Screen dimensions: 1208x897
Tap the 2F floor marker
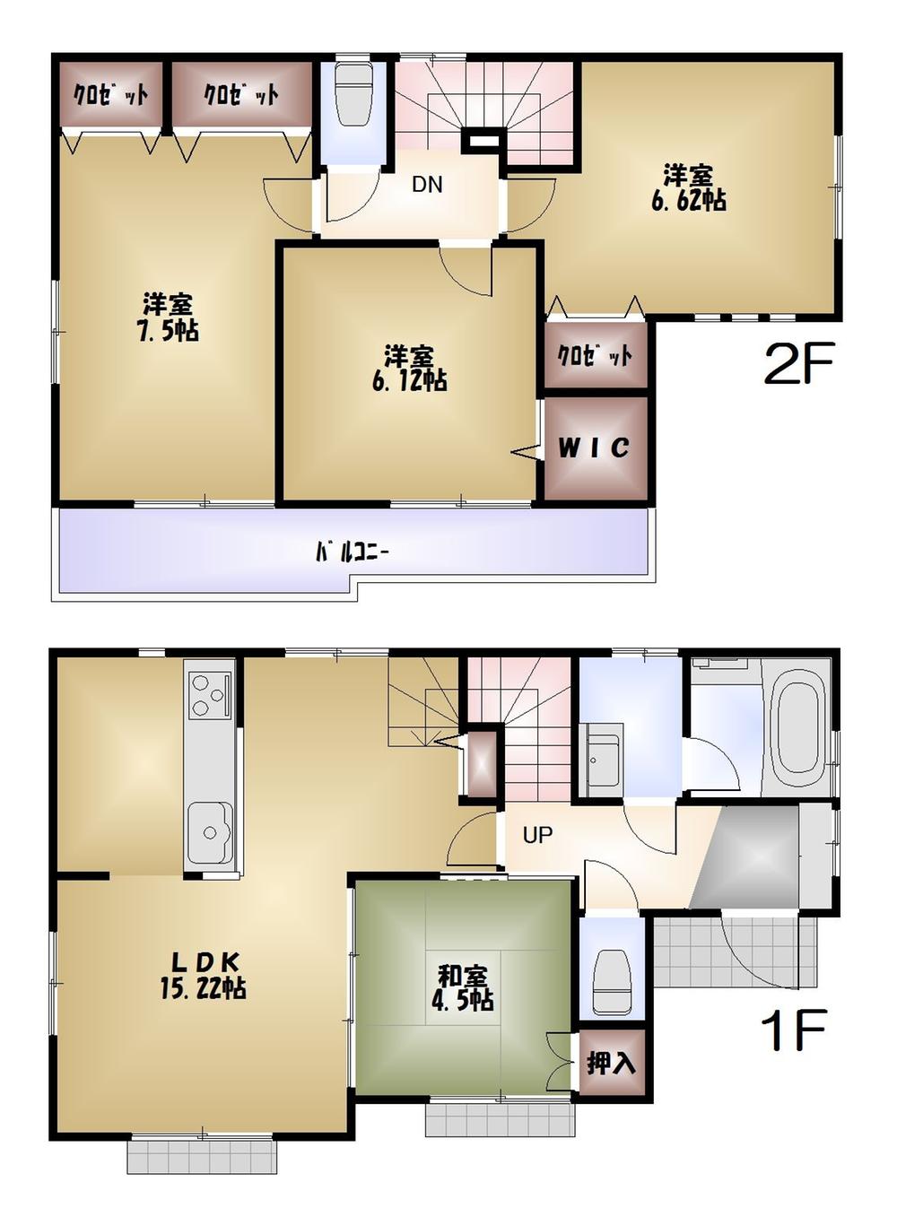[x=798, y=363]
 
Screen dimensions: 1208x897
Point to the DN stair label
[x=427, y=185]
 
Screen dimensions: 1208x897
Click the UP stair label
[x=537, y=836]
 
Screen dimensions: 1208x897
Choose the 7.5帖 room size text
[x=169, y=330]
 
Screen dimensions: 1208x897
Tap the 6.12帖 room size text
[x=410, y=380]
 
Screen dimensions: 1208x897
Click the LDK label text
[x=204, y=962]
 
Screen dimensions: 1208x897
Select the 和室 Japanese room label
[x=463, y=975]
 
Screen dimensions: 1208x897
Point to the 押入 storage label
[x=611, y=1064]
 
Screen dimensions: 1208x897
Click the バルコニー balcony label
[x=352, y=552]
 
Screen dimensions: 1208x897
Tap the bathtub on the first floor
[x=799, y=727]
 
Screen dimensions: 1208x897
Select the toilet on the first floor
[x=613, y=982]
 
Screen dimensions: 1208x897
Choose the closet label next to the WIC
[x=595, y=356]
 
